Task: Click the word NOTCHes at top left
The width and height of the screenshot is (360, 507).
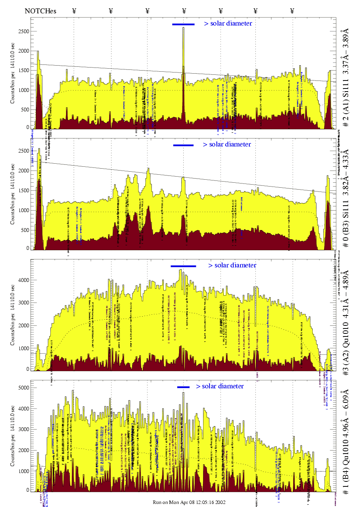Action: (x=40, y=11)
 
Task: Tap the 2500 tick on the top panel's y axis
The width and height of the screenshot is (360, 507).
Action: (x=24, y=31)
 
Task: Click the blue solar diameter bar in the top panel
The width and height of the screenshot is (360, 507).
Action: (x=183, y=24)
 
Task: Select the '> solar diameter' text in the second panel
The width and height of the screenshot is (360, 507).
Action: (x=227, y=144)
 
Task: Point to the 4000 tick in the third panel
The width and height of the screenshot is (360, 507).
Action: (x=24, y=280)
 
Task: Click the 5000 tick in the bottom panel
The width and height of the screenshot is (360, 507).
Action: (x=24, y=388)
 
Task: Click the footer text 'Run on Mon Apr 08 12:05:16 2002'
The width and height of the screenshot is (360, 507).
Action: (x=189, y=502)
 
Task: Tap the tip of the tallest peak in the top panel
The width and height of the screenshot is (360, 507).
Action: (x=183, y=28)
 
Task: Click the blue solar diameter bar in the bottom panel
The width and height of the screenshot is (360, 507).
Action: (x=183, y=387)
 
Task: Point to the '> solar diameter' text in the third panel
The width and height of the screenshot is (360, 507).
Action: (x=232, y=265)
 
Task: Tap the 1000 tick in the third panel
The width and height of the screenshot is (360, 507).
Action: (x=24, y=348)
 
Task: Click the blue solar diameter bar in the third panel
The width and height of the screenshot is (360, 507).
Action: (x=183, y=266)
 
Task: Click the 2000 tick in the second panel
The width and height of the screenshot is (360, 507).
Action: (x=24, y=171)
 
